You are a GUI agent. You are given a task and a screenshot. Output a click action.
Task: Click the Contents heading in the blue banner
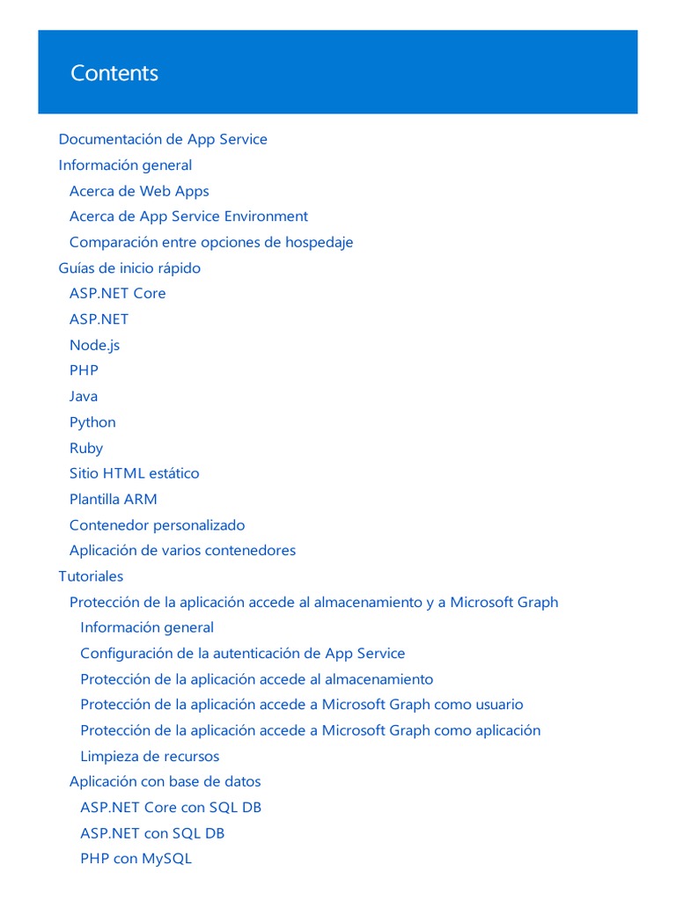(x=114, y=73)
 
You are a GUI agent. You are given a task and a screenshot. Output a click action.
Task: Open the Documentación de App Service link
(x=163, y=139)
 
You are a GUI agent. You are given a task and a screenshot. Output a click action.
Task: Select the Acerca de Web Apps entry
(x=139, y=191)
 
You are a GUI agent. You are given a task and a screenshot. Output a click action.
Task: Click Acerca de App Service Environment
(x=188, y=216)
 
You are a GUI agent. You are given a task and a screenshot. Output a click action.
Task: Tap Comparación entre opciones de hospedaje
(x=211, y=242)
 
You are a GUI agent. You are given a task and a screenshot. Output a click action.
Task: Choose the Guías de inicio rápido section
(x=129, y=267)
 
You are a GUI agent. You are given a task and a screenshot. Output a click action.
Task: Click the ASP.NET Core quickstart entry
(x=117, y=293)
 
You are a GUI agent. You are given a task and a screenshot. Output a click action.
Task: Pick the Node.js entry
(x=94, y=345)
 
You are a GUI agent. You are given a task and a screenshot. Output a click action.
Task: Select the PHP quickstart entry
(x=84, y=370)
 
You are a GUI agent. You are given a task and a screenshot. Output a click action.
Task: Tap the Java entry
(x=84, y=396)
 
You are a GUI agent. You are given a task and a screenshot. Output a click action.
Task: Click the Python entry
(x=92, y=422)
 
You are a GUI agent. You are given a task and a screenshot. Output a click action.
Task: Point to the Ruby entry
(x=86, y=448)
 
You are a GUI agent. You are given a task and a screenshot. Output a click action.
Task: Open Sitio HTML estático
(x=134, y=473)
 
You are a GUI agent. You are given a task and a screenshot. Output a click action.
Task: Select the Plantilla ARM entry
(x=113, y=499)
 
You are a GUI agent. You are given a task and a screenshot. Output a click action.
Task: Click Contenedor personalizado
(x=157, y=525)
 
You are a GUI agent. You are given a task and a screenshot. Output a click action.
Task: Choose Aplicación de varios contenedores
(x=182, y=551)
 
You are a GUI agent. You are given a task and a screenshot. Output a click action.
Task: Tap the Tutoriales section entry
(x=91, y=576)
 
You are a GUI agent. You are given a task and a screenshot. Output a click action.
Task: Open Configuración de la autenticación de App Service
(x=242, y=654)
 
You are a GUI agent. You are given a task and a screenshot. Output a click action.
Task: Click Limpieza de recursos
(x=150, y=757)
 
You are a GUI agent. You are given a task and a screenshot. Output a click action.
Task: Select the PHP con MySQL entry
(x=136, y=859)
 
